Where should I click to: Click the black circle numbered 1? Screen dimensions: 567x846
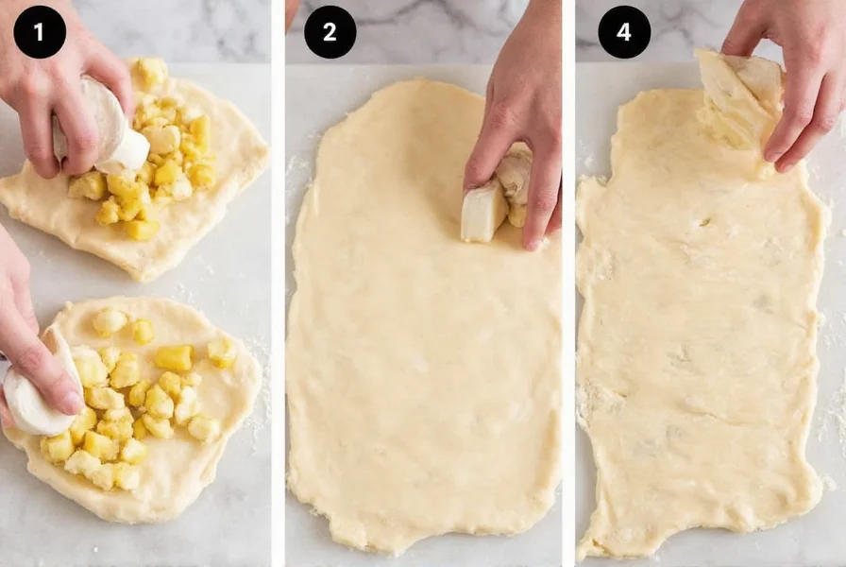point(40,32)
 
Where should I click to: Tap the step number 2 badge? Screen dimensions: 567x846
point(330,32)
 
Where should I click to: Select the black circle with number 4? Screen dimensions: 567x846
point(624,32)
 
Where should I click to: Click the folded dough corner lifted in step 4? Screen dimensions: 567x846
point(741,94)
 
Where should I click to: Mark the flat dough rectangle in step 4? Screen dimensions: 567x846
point(699,359)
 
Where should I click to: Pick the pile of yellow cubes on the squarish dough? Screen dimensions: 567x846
point(165,165)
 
